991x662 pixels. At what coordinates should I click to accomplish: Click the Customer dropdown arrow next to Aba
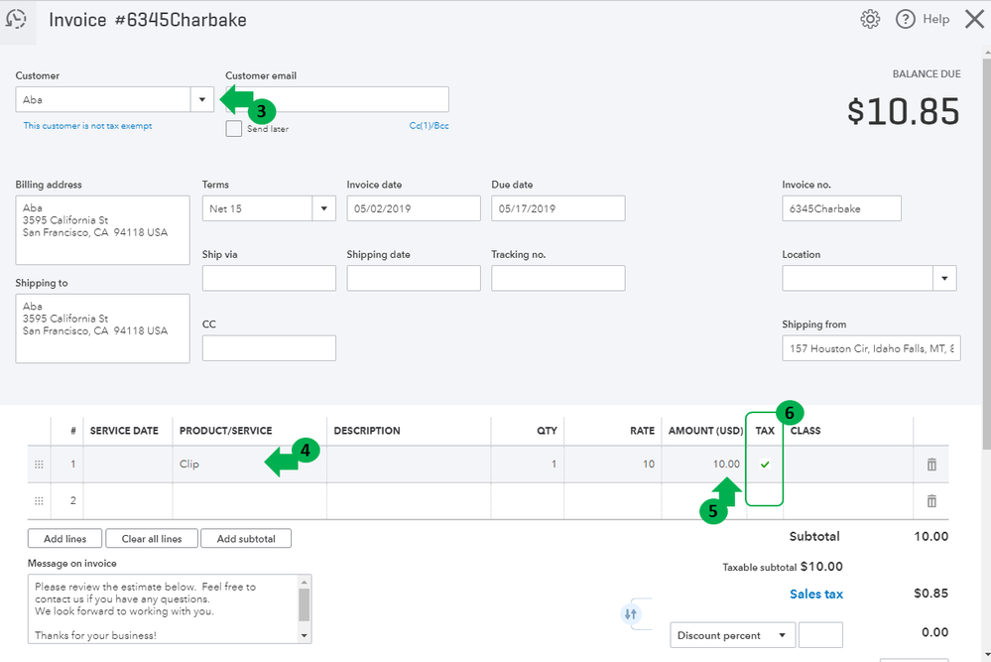[202, 100]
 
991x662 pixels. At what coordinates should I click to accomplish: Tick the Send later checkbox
[234, 128]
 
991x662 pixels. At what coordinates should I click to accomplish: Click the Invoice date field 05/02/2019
[414, 208]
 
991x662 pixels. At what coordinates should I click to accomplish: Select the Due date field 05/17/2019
[558, 208]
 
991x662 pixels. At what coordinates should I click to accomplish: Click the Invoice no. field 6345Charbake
[841, 208]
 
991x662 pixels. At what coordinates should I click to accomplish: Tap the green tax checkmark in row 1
[765, 464]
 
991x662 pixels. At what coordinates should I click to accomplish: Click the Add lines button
[65, 539]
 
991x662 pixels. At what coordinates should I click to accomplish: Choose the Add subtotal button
[246, 539]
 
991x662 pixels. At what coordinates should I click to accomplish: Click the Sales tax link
[816, 595]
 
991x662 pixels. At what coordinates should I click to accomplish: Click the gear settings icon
[870, 19]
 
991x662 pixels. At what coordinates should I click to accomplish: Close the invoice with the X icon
[974, 19]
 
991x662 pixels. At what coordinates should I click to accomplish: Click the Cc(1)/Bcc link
[430, 126]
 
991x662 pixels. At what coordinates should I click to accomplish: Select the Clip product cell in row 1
[250, 464]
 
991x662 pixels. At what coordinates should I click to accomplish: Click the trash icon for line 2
[931, 501]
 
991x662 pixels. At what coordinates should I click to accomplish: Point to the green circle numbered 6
[790, 414]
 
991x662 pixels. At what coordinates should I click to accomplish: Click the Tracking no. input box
[558, 278]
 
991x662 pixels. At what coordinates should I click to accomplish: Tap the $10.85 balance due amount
[903, 111]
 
